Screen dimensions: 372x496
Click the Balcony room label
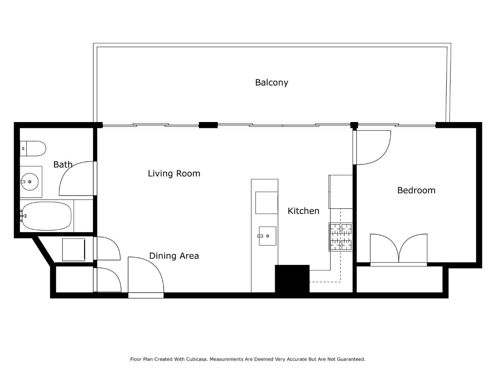[271, 82]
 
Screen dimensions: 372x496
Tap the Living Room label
[174, 174]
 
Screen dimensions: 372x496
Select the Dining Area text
[174, 256]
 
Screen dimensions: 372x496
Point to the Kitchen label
[303, 211]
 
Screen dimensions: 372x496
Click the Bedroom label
[416, 190]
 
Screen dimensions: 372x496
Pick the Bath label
[62, 164]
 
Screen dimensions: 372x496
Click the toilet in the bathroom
[33, 148]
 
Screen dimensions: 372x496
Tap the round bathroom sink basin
[30, 182]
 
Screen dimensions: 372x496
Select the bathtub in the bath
[47, 216]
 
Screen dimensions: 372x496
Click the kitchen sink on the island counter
[267, 236]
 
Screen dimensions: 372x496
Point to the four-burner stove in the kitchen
[341, 237]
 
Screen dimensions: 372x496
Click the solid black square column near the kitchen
[292, 279]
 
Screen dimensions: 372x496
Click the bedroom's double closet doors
[398, 249]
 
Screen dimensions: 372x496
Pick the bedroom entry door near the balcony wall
[372, 147]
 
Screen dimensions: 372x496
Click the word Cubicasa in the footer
[196, 359]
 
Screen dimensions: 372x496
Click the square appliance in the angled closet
[73, 250]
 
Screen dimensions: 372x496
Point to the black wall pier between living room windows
[208, 125]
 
